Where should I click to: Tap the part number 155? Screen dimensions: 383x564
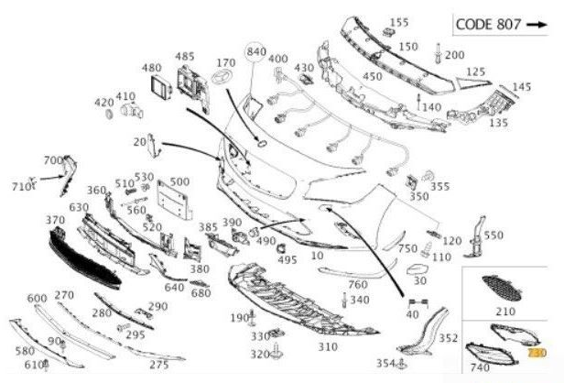[x=399, y=22]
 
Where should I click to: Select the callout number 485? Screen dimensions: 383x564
[x=185, y=57]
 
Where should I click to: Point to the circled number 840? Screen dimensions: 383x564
[x=255, y=50]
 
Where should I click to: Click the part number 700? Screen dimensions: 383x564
[x=53, y=160]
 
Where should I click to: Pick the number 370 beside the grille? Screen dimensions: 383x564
[x=55, y=220]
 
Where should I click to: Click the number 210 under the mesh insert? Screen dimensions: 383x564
[x=504, y=312]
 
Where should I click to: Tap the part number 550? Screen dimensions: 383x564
[x=493, y=235]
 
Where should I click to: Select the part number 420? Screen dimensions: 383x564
[x=104, y=103]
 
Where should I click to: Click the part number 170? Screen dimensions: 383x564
[x=225, y=63]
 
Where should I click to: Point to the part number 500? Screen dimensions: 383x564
[x=179, y=181]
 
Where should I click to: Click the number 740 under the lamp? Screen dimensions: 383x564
[x=479, y=367]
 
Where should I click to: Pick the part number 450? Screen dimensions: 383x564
[x=372, y=76]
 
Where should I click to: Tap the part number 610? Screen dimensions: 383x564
[x=34, y=365]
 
